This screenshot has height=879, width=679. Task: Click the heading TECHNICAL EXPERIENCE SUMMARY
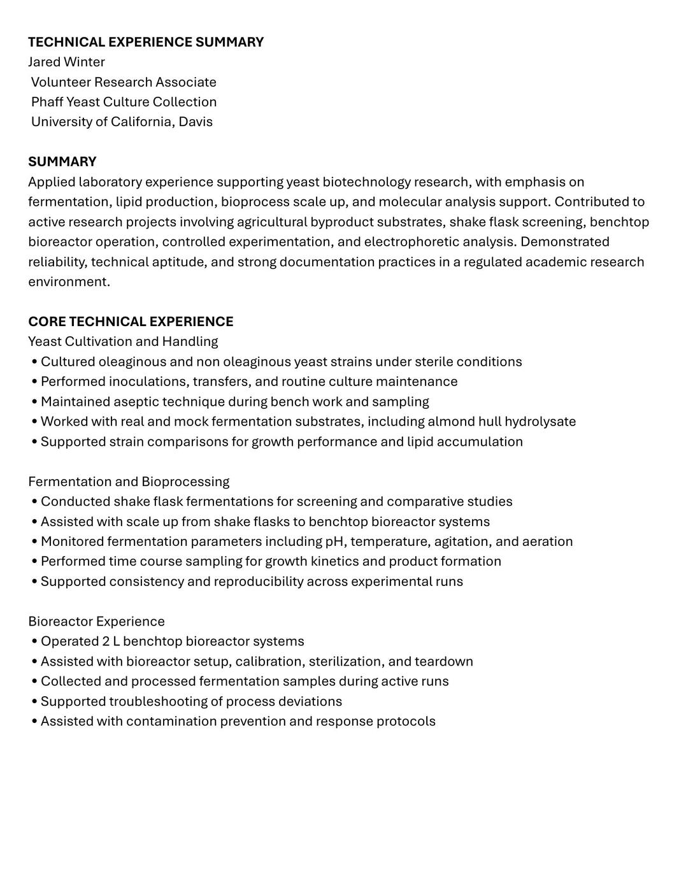[x=146, y=42]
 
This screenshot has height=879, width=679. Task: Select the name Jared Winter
[x=66, y=62]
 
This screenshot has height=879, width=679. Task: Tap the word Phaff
[x=47, y=102]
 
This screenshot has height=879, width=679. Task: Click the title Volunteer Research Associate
[x=124, y=82]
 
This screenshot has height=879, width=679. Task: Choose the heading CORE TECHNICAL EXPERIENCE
[x=131, y=321]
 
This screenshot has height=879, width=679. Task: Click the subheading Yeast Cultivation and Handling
[x=123, y=341]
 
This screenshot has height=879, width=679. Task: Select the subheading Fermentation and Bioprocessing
[x=129, y=482]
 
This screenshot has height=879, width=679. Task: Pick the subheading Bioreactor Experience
[x=96, y=621]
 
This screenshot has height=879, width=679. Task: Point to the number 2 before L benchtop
[x=106, y=641]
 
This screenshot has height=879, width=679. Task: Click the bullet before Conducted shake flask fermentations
[x=34, y=502]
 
